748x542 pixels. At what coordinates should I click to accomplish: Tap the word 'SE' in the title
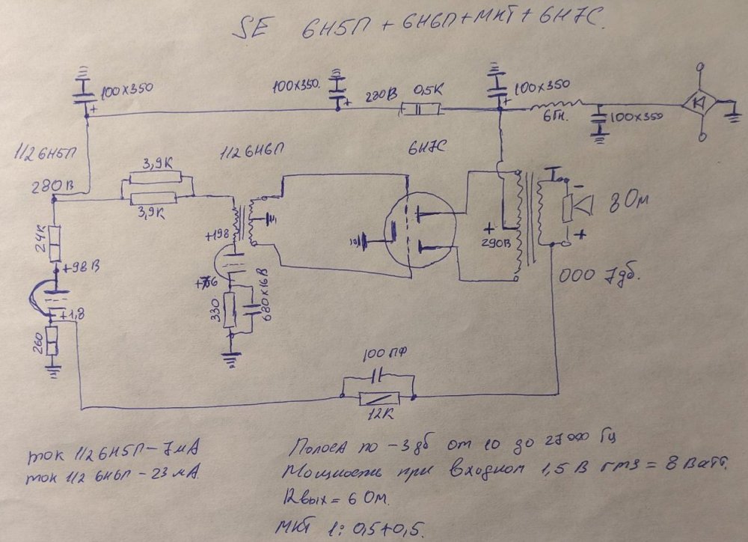(251, 30)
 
